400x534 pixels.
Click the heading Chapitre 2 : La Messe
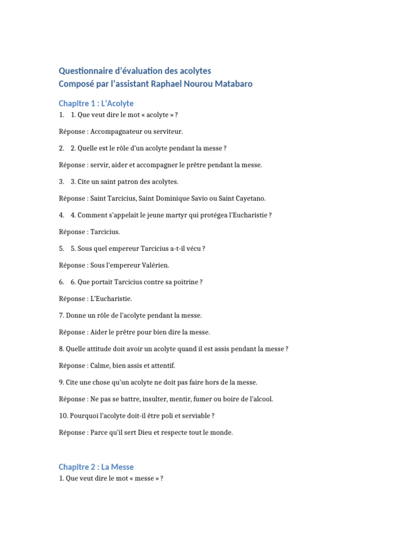click(x=96, y=467)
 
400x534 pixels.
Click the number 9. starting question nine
click(x=61, y=382)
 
